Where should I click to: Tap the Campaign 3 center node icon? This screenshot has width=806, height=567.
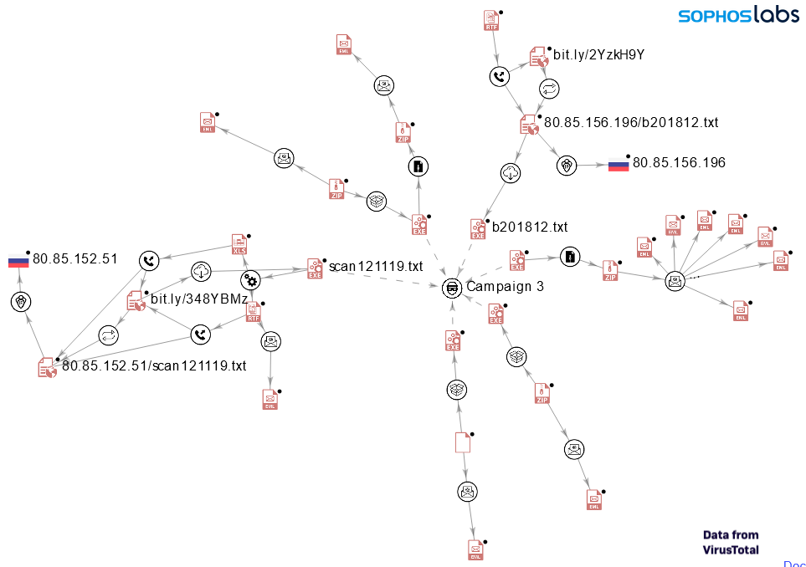click(x=452, y=287)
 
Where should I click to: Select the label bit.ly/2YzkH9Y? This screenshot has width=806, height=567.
click(x=598, y=55)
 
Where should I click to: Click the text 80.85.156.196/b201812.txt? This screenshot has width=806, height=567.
click(x=631, y=122)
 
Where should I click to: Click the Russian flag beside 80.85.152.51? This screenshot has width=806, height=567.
click(x=18, y=259)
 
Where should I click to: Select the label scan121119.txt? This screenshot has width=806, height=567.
click(x=376, y=267)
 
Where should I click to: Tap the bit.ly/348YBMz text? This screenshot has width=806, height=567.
click(x=199, y=298)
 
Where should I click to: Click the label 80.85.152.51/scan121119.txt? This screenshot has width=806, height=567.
click(x=154, y=365)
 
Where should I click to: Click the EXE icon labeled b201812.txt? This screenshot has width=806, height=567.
click(x=479, y=229)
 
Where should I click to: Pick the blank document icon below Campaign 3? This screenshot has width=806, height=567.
click(x=462, y=442)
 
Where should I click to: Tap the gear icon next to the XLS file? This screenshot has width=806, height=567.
click(x=250, y=280)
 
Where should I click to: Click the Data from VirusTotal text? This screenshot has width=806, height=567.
click(x=731, y=542)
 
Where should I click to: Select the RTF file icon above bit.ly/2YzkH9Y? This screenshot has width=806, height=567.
click(x=491, y=21)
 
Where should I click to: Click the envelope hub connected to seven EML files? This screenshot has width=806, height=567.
click(x=675, y=281)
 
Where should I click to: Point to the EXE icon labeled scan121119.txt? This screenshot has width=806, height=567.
click(x=316, y=268)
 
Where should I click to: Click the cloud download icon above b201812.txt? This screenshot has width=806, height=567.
click(x=511, y=174)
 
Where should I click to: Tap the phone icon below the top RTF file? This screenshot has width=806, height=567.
click(x=499, y=77)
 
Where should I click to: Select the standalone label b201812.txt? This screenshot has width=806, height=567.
click(x=530, y=227)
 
